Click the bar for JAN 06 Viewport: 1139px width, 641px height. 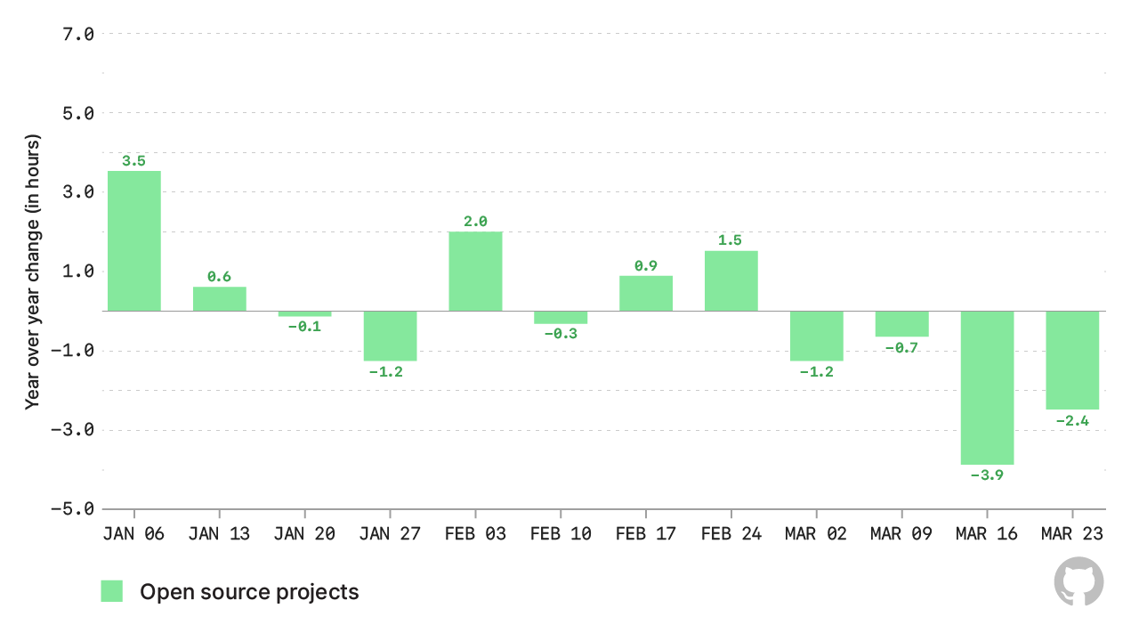134,240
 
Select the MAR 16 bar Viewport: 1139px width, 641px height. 987,387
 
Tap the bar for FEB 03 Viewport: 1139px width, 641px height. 475,271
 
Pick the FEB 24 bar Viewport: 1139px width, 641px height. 731,280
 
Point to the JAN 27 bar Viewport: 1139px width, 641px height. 390,336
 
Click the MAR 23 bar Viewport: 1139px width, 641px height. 1072,360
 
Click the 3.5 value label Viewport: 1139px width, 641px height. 134,161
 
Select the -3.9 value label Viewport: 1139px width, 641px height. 987,475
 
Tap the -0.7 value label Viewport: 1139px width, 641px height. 901,347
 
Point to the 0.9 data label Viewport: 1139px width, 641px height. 646,265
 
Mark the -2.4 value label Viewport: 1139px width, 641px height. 1072,420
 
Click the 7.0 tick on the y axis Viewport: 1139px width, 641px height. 77,34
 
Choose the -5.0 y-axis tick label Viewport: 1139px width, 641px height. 73,509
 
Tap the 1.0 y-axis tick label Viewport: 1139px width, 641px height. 77,272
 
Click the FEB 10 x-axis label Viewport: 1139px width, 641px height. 561,534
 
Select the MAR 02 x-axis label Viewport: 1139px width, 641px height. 816,534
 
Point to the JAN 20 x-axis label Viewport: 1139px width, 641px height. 304,534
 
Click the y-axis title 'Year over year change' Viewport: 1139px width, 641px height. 33,272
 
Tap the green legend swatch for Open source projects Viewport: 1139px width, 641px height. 112,591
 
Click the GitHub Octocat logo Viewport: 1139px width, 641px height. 1078,581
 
